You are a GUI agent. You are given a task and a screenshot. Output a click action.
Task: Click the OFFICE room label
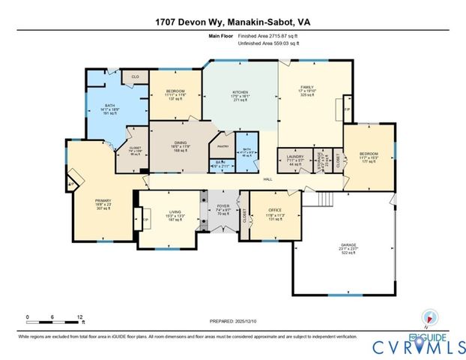[x=275, y=211]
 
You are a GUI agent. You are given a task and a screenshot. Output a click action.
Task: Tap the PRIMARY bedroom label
[x=102, y=201]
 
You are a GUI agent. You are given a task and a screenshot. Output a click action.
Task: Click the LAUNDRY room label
[x=294, y=157]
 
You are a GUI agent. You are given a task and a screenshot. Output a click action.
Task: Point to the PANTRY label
[x=223, y=146]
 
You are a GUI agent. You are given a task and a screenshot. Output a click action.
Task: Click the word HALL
[x=267, y=179]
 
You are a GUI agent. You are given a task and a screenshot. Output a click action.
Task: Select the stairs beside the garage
[x=324, y=200]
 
